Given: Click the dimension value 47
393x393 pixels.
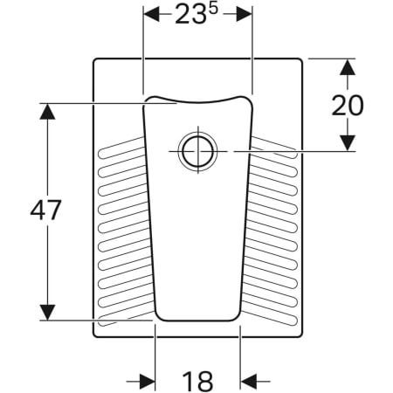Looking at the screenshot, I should tap(46, 210).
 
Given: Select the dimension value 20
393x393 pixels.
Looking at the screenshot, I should tap(347, 104).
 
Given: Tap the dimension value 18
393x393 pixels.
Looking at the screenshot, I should tap(198, 381).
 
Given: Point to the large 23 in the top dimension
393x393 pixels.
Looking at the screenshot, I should tap(186, 17).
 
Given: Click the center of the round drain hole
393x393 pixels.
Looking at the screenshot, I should tap(196, 150).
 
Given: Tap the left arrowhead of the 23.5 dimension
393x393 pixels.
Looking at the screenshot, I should tap(150, 15).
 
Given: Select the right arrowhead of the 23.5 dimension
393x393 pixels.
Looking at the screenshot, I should tap(245, 15).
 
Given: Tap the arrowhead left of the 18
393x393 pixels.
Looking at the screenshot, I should tap(148, 380).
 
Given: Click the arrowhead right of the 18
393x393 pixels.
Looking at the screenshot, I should tap(248, 380).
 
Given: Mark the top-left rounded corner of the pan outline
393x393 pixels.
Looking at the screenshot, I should tap(95, 61).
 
